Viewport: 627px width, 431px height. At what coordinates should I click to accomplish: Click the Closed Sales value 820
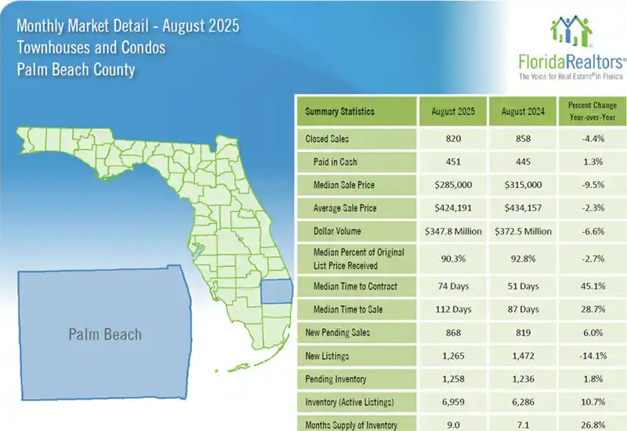(453, 139)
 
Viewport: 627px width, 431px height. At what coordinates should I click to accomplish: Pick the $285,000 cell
(453, 185)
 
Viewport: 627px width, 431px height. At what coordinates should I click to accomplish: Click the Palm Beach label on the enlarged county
(105, 335)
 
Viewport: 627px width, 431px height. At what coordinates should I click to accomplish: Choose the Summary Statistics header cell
(339, 111)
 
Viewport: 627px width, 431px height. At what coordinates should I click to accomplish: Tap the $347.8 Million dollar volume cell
(453, 231)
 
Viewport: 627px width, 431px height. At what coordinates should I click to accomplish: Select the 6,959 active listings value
(453, 403)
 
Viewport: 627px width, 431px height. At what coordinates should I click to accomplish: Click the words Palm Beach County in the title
(75, 69)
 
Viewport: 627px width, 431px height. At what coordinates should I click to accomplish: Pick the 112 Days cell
(453, 310)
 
